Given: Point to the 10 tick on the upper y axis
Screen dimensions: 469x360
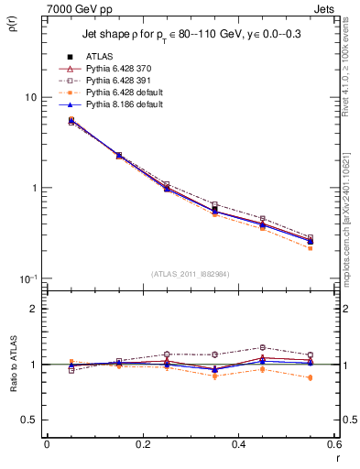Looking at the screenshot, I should pyautogui.click(x=28, y=97).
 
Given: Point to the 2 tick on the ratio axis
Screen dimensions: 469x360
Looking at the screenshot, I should pyautogui.click(x=32, y=309).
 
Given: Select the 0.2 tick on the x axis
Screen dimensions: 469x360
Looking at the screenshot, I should pyautogui.click(x=141, y=443).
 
